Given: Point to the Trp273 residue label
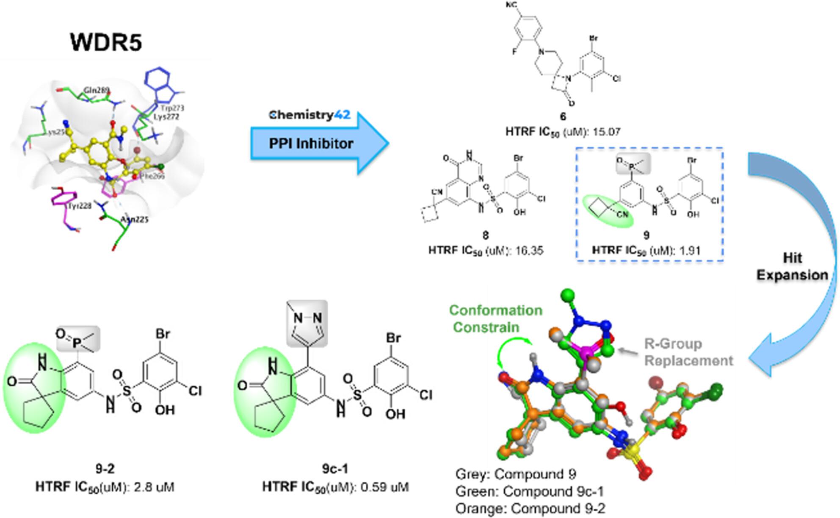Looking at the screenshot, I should pos(172,108).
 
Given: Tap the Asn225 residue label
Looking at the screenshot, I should pos(134,219).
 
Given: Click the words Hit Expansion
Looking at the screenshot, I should pos(792,266).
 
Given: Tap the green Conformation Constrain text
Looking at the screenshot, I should pos(495,319).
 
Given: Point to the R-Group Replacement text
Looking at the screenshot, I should pos(688,352).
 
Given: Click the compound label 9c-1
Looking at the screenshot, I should pos(335,469).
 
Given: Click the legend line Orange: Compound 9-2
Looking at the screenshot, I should pos(530,508).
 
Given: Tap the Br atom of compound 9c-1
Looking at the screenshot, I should pos(393,338).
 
